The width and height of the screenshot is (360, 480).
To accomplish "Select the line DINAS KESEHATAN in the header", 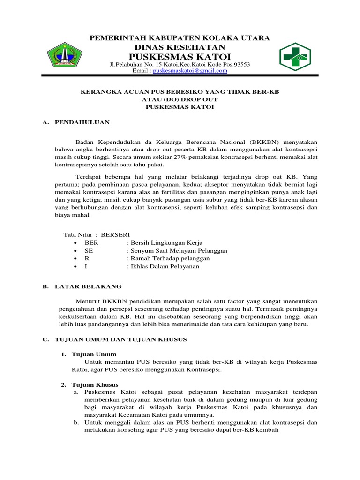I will [180, 47].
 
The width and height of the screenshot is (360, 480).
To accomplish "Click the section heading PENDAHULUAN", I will [82, 122].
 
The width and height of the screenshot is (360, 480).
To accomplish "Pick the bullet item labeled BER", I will [91, 242].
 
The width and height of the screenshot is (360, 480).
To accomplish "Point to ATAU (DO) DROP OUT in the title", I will [180, 99].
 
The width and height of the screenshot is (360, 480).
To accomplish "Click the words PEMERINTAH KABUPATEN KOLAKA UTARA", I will [180, 38].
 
